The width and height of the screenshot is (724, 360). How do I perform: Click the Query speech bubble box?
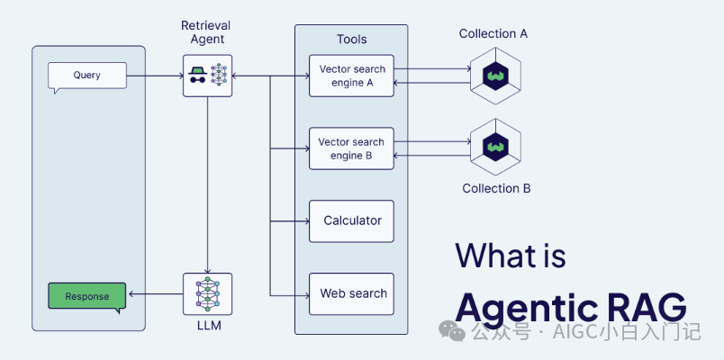coord(87,76)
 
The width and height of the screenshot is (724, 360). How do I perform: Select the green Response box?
coord(87,296)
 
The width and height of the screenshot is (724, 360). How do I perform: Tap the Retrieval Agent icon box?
coord(207,76)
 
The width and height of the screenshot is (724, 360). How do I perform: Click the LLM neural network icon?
coord(207,294)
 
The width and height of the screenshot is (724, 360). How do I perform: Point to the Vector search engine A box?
coord(351,76)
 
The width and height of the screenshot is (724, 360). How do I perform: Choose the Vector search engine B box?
coord(351,149)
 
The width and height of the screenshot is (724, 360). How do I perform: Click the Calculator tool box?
coord(351,221)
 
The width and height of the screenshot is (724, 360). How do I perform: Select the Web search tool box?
coord(351,294)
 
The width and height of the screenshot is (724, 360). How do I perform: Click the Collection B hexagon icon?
coord(495,145)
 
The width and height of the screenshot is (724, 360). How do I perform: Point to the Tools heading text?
coord(351,40)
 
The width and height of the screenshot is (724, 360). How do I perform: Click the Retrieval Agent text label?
coord(206,33)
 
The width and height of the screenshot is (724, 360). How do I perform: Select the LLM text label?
coord(207,325)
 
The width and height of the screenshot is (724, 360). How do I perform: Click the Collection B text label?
coord(496,189)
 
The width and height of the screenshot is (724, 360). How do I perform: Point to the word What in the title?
coord(495,256)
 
